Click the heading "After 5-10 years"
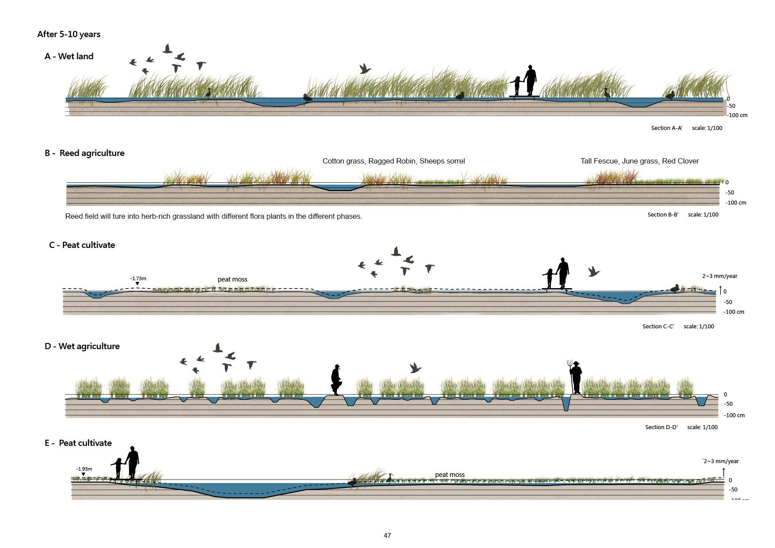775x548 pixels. tap(69, 34)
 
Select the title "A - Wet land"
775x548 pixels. tap(69, 56)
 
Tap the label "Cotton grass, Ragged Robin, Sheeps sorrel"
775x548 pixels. tap(393, 161)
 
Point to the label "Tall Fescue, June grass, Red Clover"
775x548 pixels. tap(639, 161)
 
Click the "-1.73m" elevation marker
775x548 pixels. tap(138, 279)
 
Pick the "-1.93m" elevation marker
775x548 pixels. tap(84, 469)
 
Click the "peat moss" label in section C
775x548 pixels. tap(232, 279)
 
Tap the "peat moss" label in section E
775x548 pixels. tap(450, 475)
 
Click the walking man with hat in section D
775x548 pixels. tap(336, 380)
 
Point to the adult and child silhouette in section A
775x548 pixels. tap(525, 81)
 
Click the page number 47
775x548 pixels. tap(387, 535)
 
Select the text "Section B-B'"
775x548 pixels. tap(663, 215)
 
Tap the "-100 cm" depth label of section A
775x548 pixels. tap(737, 115)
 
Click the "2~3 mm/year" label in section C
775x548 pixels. tap(719, 276)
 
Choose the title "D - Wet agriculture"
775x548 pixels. tap(82, 346)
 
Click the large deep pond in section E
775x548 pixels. tap(245, 489)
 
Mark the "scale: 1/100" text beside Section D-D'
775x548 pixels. tap(702, 427)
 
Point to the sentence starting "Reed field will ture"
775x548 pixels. tap(213, 217)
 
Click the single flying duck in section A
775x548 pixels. tap(365, 69)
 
